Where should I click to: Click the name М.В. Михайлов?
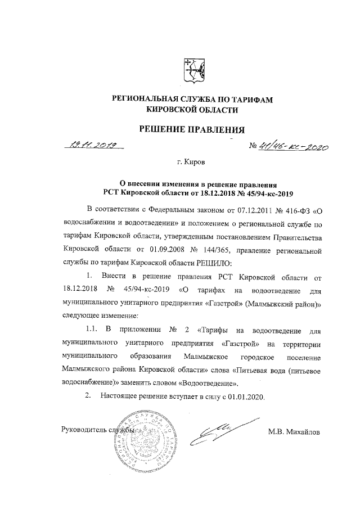pos(294,432)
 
